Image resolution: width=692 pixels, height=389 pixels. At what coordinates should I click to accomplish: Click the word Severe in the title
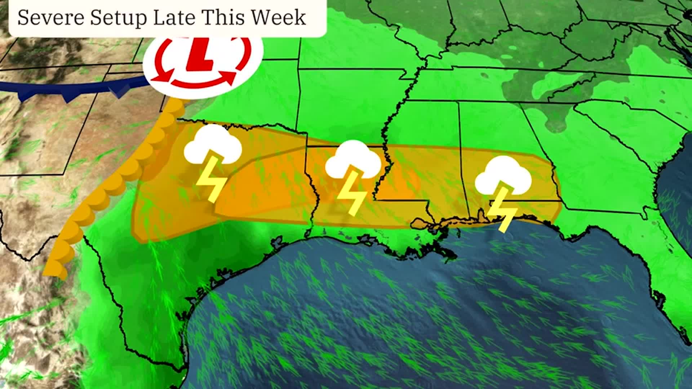51,17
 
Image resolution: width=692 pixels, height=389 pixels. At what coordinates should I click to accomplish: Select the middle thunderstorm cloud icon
353,160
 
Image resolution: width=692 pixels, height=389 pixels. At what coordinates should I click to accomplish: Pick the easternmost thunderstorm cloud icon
503,176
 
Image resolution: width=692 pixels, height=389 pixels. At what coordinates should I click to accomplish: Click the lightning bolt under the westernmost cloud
211,178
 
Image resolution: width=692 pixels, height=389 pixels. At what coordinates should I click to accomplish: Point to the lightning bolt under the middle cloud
351,194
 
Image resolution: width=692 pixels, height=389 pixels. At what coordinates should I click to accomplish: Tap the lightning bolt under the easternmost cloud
503,211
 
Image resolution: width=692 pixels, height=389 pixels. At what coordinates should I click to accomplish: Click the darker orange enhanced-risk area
267,187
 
